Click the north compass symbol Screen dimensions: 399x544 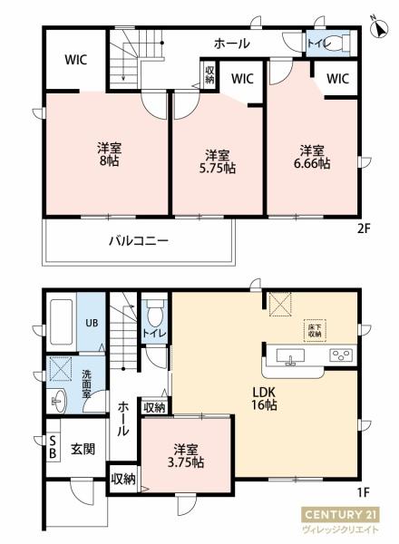pyautogui.click(x=379, y=27)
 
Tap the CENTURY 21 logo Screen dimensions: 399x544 pyautogui.click(x=340, y=514)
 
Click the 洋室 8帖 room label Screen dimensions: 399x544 pyautogui.click(x=109, y=154)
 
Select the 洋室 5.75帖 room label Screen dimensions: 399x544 pyautogui.click(x=218, y=161)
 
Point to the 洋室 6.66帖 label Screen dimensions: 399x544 pyautogui.click(x=312, y=157)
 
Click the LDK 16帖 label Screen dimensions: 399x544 pyautogui.click(x=264, y=398)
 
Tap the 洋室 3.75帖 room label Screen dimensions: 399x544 pyautogui.click(x=186, y=456)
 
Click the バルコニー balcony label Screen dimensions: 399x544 pyautogui.click(x=139, y=240)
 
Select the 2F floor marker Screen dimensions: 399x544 pyautogui.click(x=363, y=228)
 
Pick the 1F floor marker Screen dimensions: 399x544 pyautogui.click(x=363, y=492)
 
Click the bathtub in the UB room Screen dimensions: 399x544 pyautogui.click(x=62, y=322)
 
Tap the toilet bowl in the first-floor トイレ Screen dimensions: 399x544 pyautogui.click(x=154, y=313)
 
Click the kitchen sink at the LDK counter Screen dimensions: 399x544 pyautogui.click(x=290, y=357)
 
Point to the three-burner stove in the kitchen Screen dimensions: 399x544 pyautogui.click(x=342, y=355)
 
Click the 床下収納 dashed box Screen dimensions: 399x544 pyautogui.click(x=315, y=330)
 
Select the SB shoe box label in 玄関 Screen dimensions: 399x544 pyautogui.click(x=53, y=448)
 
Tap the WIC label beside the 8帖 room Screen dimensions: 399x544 pyautogui.click(x=75, y=60)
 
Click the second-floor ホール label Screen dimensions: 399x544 pyautogui.click(x=231, y=44)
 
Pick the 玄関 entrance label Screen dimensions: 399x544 pyautogui.click(x=83, y=450)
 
